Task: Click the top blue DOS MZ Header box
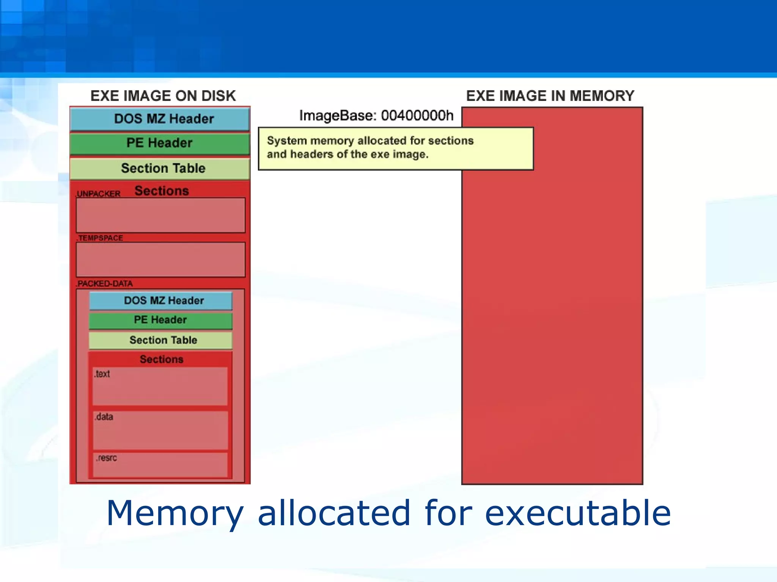160,119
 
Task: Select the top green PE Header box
160,143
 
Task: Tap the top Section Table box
160,168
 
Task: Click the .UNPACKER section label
98,194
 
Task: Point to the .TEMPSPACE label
100,238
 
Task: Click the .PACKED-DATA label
105,283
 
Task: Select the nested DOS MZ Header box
161,300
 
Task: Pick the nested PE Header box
160,320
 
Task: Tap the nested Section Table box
161,340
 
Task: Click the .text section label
102,374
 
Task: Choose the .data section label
104,417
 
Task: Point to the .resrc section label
106,458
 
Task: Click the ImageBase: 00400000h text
376,116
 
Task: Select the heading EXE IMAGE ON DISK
163,96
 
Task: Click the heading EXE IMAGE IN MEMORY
550,96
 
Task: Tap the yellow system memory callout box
396,149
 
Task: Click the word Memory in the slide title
175,513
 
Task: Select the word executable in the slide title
577,513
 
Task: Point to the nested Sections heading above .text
161,359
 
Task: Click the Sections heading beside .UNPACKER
162,191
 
